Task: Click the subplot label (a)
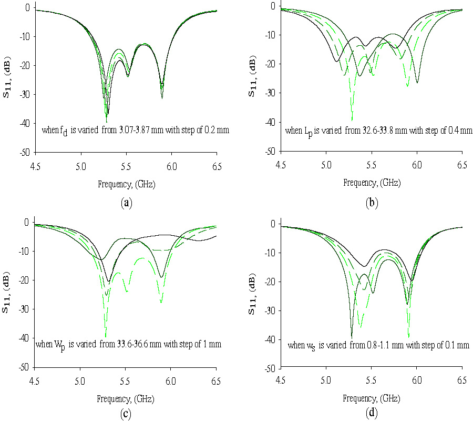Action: click(x=126, y=203)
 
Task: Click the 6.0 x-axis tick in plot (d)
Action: click(x=417, y=380)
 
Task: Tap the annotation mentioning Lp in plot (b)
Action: click(x=378, y=130)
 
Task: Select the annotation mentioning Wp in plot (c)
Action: click(x=128, y=345)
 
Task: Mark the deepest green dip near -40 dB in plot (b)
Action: click(x=352, y=119)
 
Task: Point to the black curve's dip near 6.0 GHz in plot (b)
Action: click(x=417, y=82)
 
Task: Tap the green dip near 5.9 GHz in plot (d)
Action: click(x=408, y=336)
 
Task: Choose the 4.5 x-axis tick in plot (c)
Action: click(x=35, y=379)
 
